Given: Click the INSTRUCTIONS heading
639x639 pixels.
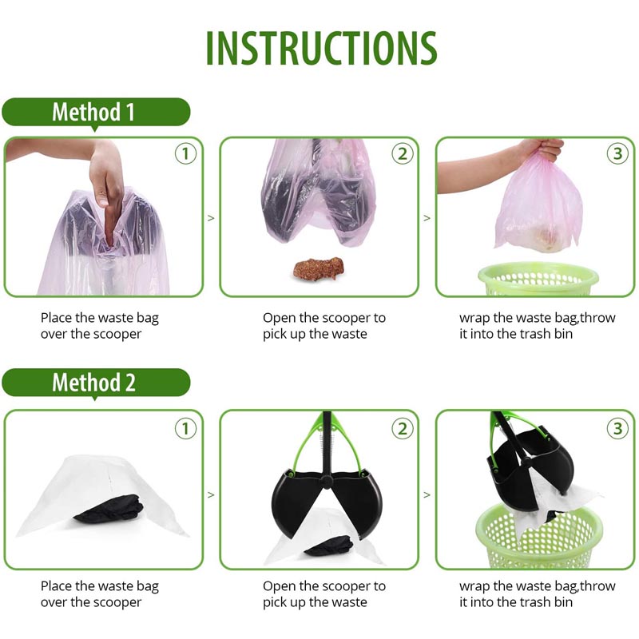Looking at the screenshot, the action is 321,48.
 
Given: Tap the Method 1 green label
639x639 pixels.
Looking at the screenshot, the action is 96,112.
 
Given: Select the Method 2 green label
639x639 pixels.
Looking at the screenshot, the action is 96,383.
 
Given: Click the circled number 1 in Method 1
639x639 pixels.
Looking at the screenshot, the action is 185,153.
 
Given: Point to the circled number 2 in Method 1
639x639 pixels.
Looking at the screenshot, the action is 403,153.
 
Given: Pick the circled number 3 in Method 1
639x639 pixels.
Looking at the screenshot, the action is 617,153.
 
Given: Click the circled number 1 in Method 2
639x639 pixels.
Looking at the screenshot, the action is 185,429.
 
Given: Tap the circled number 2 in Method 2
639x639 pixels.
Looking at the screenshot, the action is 403,429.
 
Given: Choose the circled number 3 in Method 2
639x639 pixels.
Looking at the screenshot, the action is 617,429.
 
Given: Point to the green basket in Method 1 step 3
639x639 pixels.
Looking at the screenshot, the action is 538,280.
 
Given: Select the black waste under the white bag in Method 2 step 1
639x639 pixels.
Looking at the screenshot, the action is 109,508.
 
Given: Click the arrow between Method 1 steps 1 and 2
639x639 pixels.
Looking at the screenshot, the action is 211,218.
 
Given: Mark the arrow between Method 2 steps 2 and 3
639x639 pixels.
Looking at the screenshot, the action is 427,495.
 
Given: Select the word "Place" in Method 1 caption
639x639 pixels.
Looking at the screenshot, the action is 56,318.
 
